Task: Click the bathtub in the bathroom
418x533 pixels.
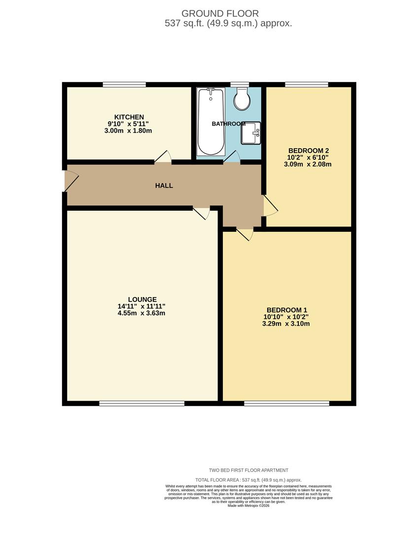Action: pos(211,121)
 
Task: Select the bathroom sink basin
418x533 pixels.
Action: pos(250,133)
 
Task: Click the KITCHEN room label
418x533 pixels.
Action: pos(129,117)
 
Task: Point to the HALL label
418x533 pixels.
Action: pos(164,186)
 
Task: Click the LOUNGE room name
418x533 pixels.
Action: pos(142,299)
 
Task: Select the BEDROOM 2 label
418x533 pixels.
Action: pos(309,151)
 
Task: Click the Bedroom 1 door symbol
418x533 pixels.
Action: pos(244,234)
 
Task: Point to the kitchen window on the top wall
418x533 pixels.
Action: pos(124,84)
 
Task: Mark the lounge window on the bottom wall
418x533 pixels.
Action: pos(142,403)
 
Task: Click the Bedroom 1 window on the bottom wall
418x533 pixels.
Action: pos(286,403)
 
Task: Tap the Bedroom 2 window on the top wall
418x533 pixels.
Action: pos(307,84)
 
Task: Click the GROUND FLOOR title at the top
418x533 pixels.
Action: pos(220,13)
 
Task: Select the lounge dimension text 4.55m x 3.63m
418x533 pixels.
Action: pos(141,313)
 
